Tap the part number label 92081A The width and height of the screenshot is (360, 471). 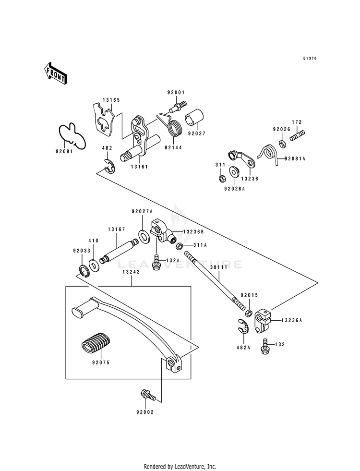[x=294, y=158]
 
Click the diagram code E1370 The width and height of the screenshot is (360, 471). [x=310, y=58]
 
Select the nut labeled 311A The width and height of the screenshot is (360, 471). [x=179, y=246]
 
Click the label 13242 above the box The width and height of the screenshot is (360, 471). [x=131, y=271]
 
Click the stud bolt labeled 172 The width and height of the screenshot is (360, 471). [x=297, y=135]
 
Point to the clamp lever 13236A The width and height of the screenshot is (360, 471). [x=263, y=322]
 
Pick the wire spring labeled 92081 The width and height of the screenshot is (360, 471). [x=72, y=135]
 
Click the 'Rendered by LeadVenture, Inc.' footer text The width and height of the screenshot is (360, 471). [x=180, y=467]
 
